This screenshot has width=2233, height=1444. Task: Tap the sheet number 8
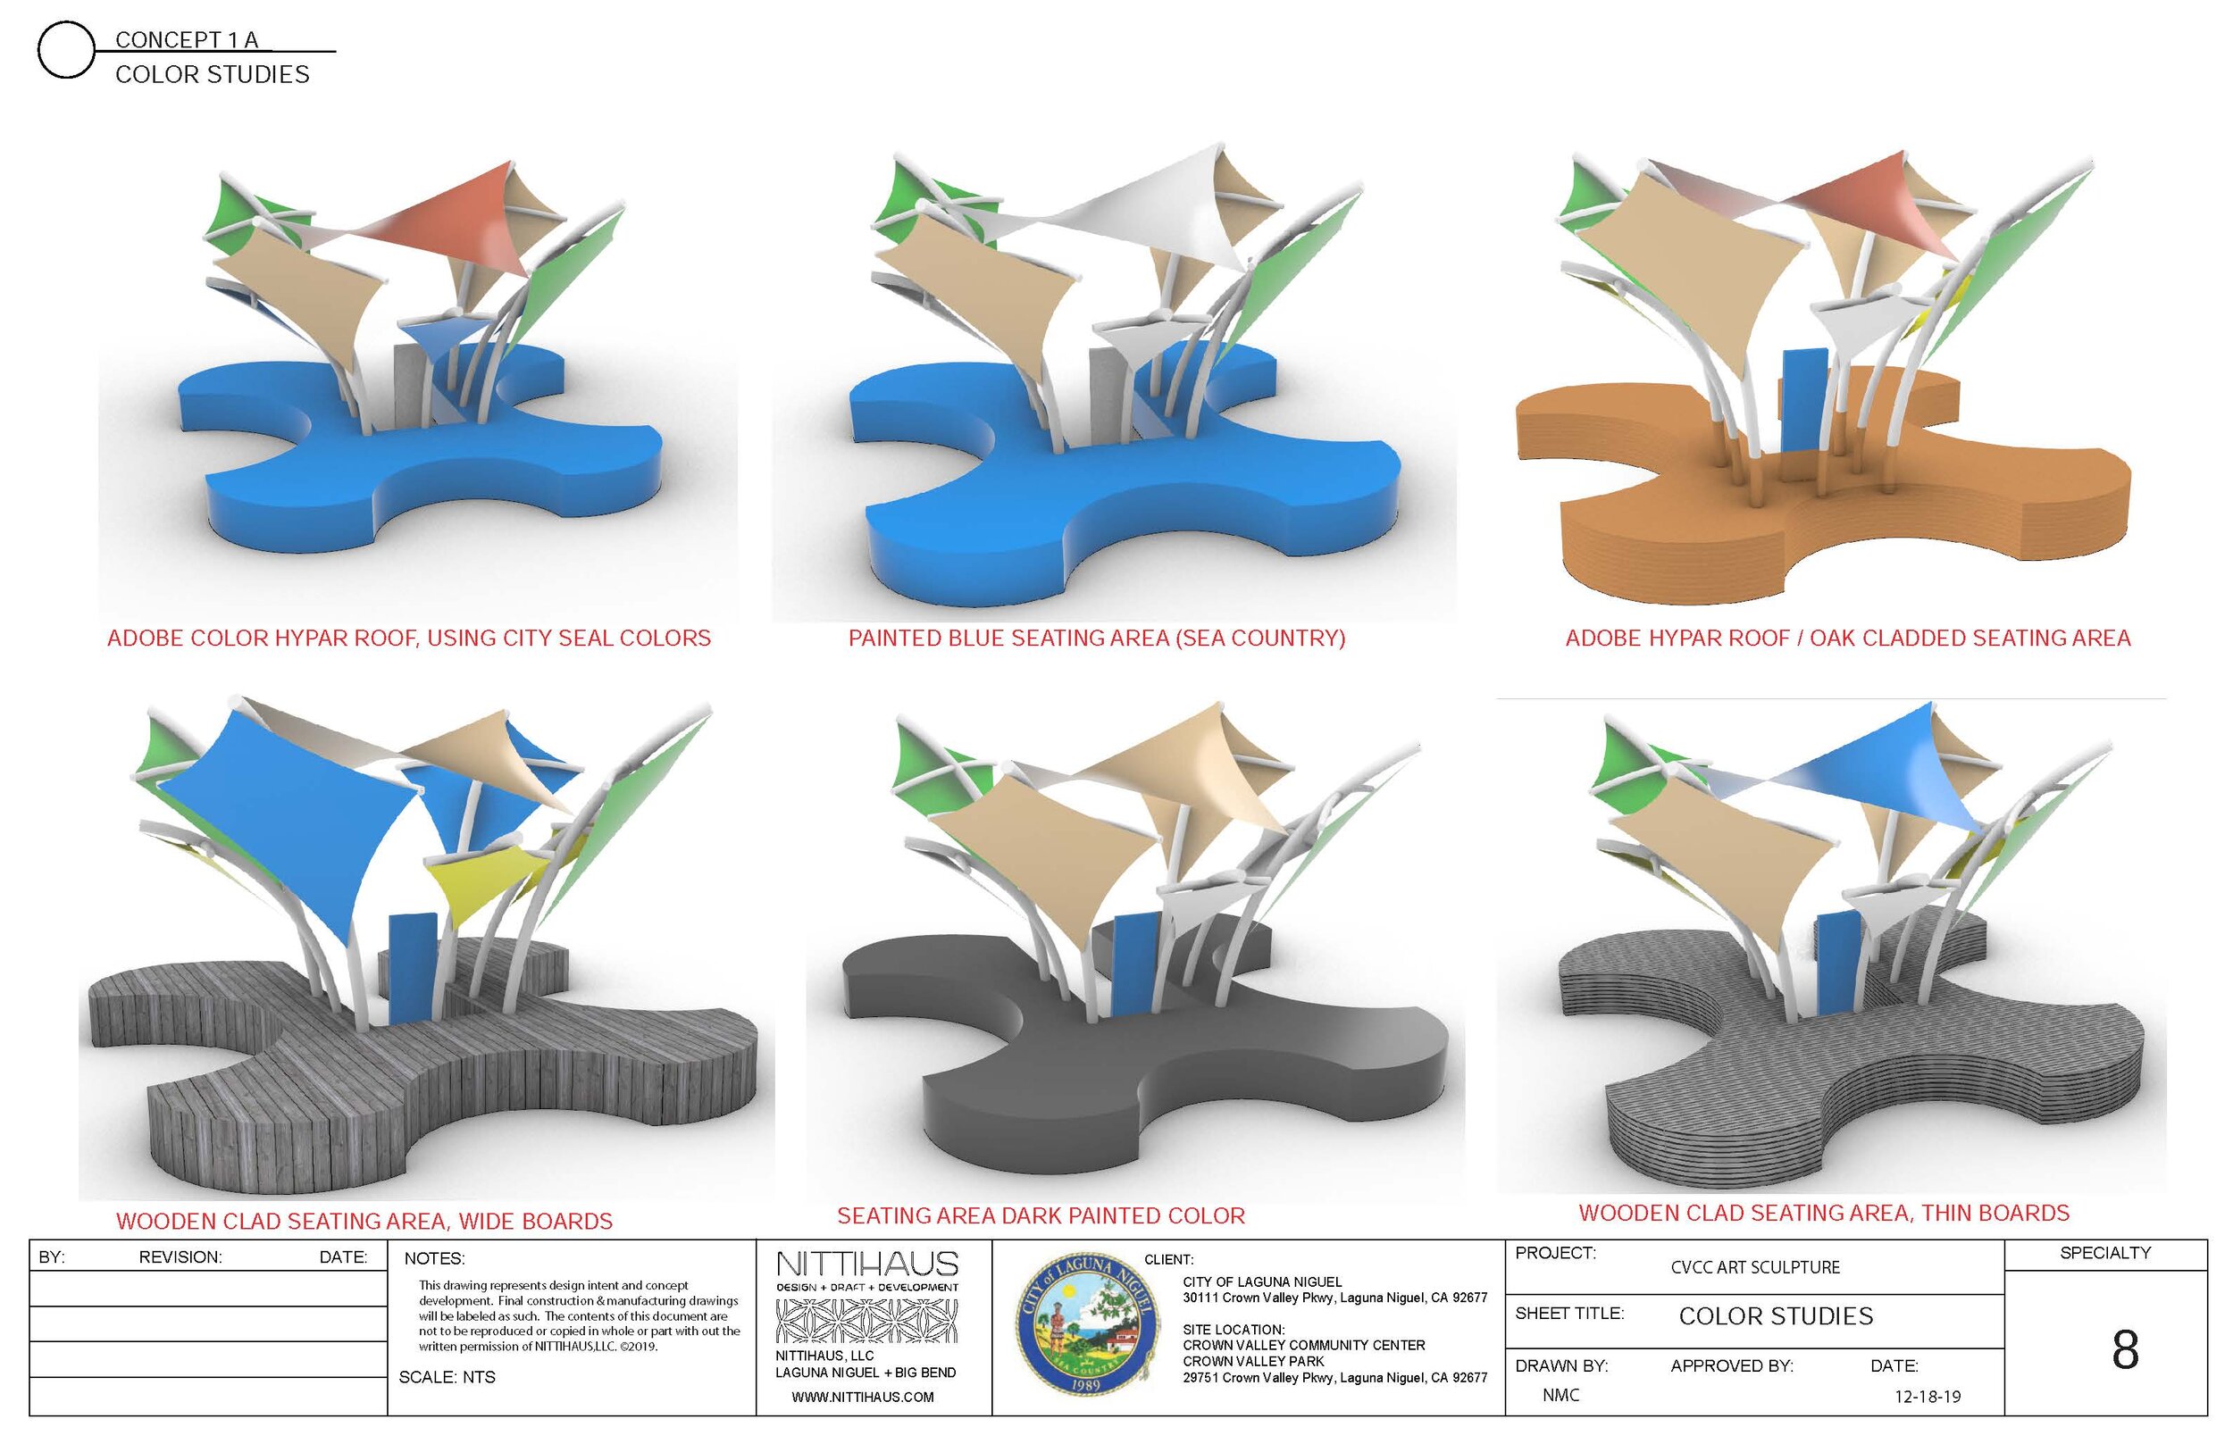click(x=2123, y=1350)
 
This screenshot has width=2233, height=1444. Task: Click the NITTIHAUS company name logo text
click(x=866, y=1265)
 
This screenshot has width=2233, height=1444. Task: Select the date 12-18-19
click(x=1927, y=1396)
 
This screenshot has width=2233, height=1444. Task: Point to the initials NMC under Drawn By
click(x=1560, y=1395)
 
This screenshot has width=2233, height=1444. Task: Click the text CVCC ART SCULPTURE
click(x=1755, y=1268)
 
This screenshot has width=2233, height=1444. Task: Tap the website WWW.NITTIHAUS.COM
click(x=862, y=1397)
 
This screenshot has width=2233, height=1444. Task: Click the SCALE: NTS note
click(x=447, y=1377)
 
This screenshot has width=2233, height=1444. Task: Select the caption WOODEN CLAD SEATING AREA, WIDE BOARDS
click(x=364, y=1221)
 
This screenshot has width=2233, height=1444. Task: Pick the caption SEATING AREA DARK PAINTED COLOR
click(x=1040, y=1215)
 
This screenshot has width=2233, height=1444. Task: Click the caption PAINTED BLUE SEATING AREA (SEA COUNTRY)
click(x=1096, y=638)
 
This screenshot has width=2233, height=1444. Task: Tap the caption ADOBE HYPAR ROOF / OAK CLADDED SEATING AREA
click(x=1847, y=638)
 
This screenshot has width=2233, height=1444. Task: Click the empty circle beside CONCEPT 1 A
click(x=64, y=50)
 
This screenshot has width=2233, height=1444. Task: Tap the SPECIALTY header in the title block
click(x=2104, y=1253)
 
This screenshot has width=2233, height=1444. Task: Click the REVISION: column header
click(x=180, y=1257)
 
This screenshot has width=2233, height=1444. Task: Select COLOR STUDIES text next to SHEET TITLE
click(x=1776, y=1316)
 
